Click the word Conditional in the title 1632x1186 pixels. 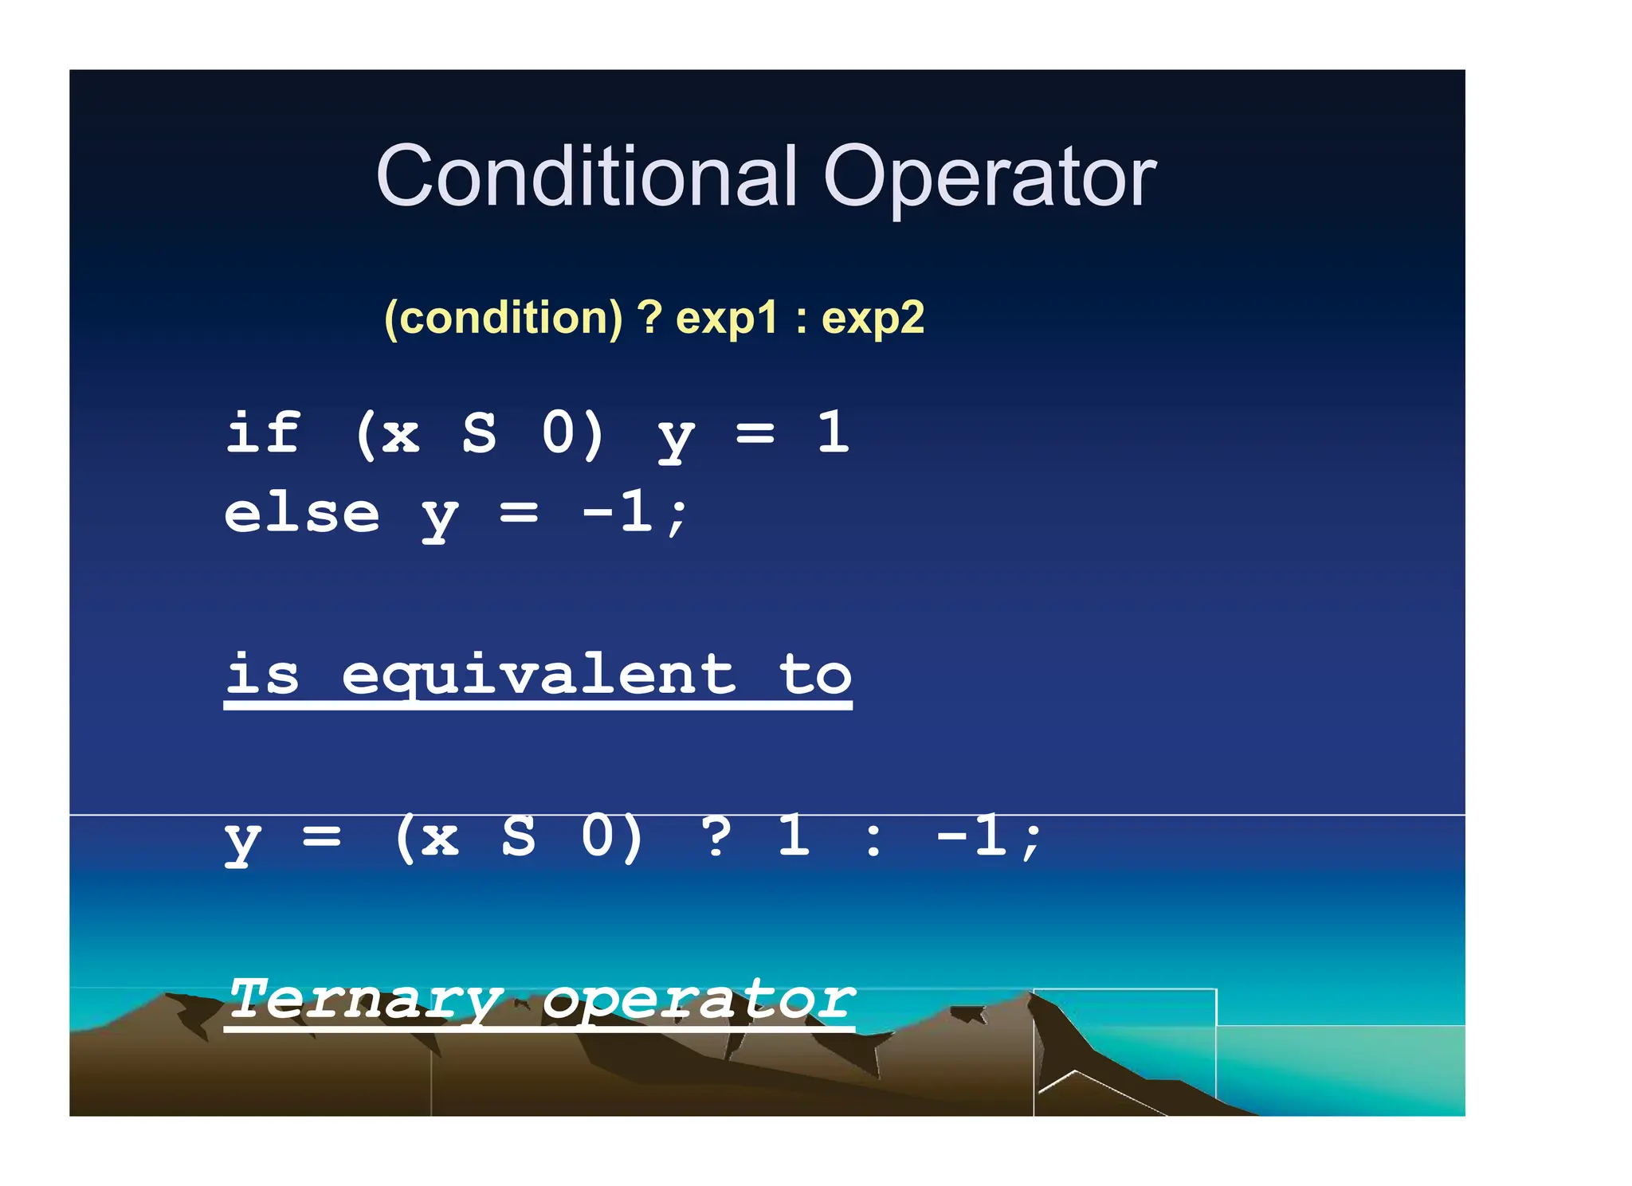[586, 177]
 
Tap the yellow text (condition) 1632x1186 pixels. [503, 319]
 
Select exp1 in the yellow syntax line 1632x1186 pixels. [726, 319]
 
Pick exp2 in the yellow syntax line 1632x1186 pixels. [873, 319]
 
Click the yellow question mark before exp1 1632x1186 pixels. [649, 318]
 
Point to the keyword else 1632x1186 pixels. [302, 514]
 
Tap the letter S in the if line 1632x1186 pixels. [479, 434]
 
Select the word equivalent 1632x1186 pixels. [539, 675]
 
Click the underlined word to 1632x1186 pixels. [815, 675]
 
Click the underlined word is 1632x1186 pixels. [263, 675]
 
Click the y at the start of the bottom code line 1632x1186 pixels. [242, 840]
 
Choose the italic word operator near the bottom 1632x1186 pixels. [699, 999]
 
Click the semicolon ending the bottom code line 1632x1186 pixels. [1032, 840]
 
